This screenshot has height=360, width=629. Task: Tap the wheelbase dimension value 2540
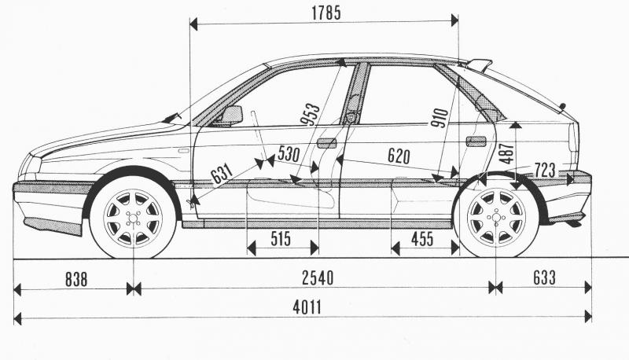point(316,277)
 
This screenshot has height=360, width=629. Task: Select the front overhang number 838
point(72,277)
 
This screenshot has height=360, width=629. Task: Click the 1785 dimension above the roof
point(326,13)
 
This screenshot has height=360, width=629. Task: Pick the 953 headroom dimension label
point(310,114)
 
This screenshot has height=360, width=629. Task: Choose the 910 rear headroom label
point(440,117)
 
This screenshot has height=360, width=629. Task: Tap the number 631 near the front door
point(222,171)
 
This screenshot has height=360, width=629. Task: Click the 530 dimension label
point(289,155)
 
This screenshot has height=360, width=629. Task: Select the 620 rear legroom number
point(399,156)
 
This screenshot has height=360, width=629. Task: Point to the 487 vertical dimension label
point(506,152)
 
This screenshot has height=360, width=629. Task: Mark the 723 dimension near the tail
point(545,169)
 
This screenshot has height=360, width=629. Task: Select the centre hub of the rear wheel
point(496,217)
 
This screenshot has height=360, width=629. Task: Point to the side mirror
point(231,116)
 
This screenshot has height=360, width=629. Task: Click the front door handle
point(326,143)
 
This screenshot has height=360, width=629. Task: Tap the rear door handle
point(476,141)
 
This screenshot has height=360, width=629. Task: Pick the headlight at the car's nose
point(32,166)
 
